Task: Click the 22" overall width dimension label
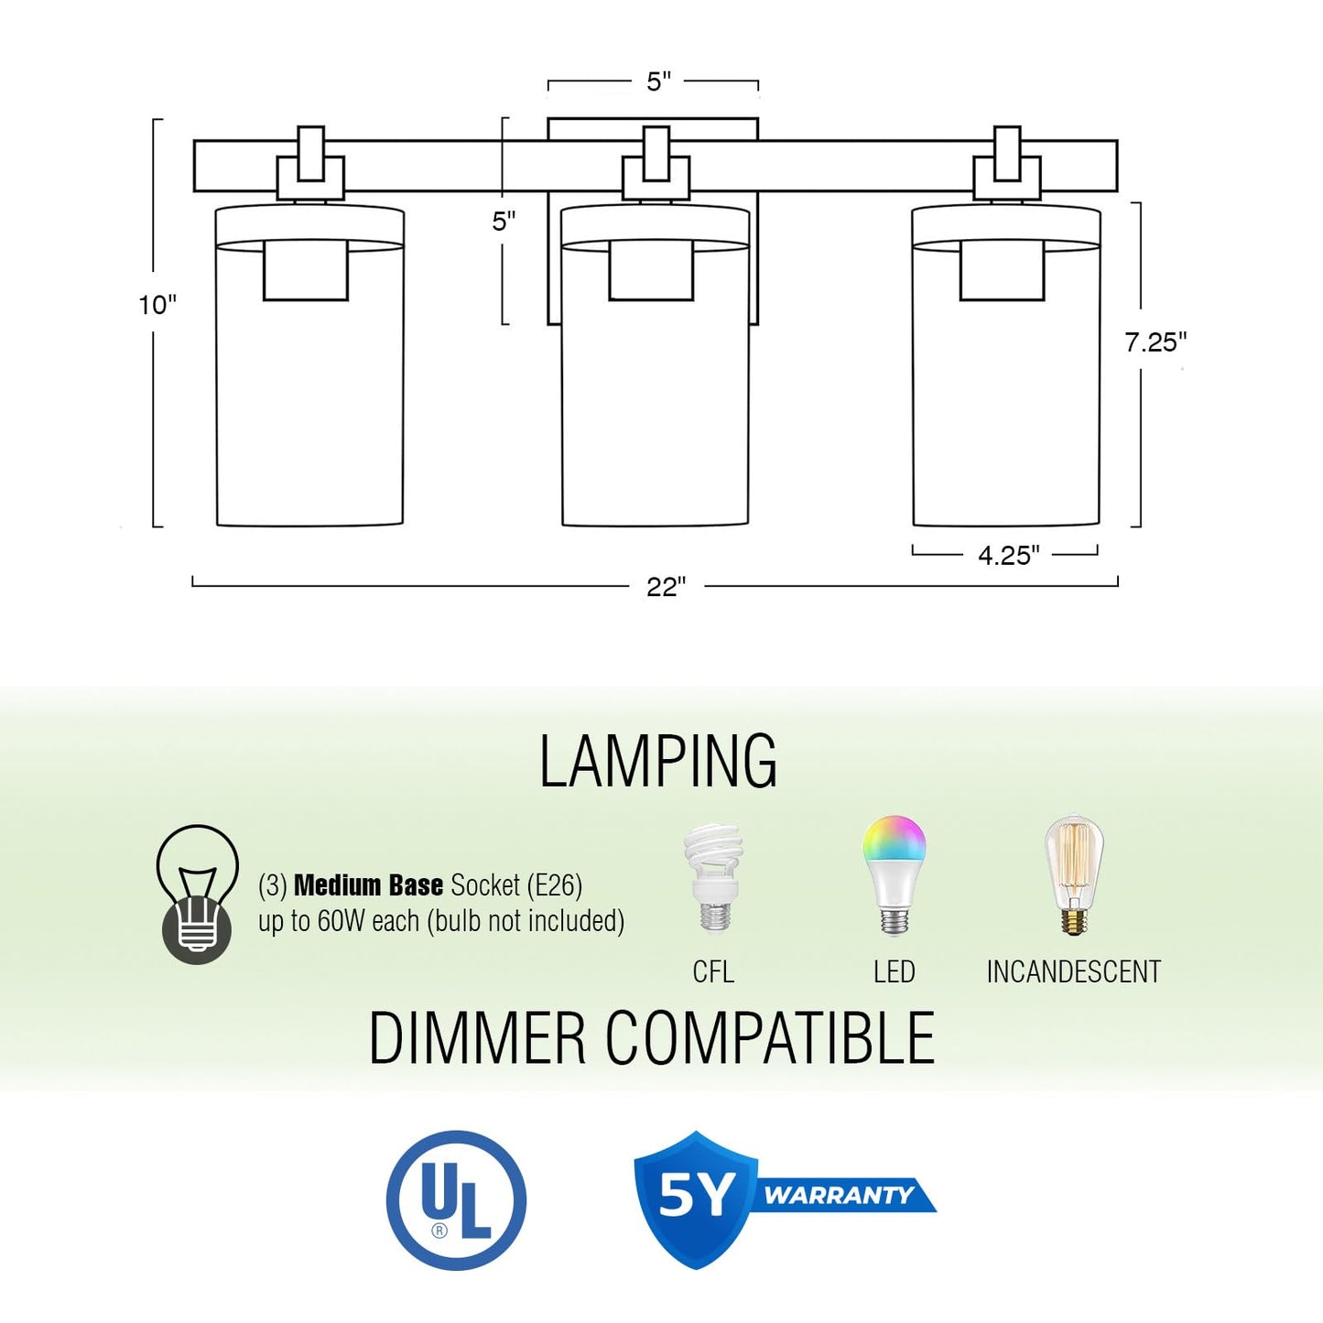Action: click(x=666, y=587)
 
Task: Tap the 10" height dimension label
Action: click(x=157, y=305)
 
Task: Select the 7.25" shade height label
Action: click(x=1155, y=342)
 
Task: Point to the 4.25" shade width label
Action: click(x=1009, y=555)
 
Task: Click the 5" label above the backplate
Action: click(x=658, y=81)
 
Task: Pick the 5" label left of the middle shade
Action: click(x=504, y=222)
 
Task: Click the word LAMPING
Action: click(x=658, y=762)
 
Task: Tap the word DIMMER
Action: click(x=477, y=1037)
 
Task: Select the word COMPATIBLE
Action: click(x=770, y=1037)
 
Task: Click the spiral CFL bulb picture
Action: click(x=714, y=880)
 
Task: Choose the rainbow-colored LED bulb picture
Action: click(x=894, y=875)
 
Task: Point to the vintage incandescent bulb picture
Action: click(x=1074, y=875)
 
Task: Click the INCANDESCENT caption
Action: click(x=1074, y=972)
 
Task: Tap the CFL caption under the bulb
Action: click(x=713, y=972)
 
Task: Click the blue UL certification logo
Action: click(x=457, y=1201)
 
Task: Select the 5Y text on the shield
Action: click(x=697, y=1197)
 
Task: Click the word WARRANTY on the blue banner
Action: click(x=839, y=1196)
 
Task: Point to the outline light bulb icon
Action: click(x=198, y=894)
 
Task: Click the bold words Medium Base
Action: click(x=369, y=885)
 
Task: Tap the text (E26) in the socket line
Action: click(x=555, y=885)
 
